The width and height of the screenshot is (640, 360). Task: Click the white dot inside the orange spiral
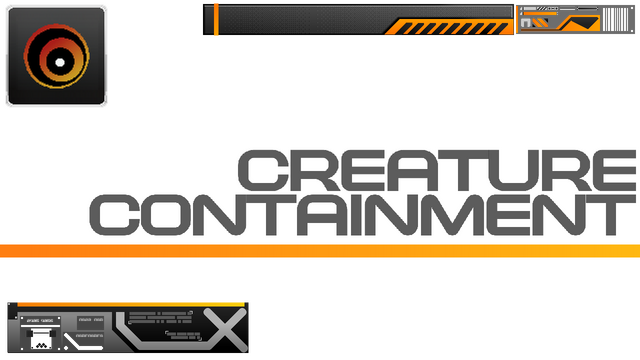[x=60, y=62]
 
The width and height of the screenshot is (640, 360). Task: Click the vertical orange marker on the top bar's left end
[x=216, y=19]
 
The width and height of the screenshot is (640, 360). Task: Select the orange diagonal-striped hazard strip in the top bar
[x=450, y=27]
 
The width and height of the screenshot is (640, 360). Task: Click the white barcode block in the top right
[x=615, y=19]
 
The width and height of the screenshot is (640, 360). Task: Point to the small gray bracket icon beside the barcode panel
[x=526, y=22]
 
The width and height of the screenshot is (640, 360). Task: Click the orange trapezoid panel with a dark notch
[x=580, y=23]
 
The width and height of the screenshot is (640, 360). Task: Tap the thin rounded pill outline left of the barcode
[x=587, y=8]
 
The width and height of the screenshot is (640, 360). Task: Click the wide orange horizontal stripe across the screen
[x=320, y=250]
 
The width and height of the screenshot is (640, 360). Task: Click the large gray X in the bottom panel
[x=226, y=329]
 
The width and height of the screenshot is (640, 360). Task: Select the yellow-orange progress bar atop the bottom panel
[x=130, y=303]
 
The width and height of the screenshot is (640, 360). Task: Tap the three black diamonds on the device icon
[x=41, y=343]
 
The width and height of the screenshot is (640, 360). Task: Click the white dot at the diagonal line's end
[x=68, y=347]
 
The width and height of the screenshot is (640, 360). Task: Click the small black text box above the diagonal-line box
[x=91, y=320]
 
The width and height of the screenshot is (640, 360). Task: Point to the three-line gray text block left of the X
[x=160, y=318]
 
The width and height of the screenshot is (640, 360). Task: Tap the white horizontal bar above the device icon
[x=40, y=327]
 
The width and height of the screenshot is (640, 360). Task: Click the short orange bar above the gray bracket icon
[x=539, y=13]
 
